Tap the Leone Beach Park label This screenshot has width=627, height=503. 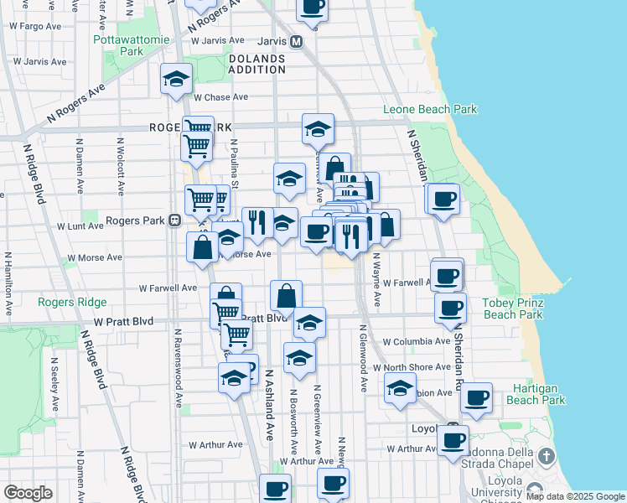point(430,109)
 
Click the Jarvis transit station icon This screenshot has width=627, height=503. point(296,40)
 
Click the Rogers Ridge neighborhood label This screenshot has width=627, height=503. point(72,302)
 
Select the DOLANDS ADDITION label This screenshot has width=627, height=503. point(256,65)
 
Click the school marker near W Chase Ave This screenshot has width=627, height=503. point(177,79)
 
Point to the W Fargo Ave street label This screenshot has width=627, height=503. point(36,26)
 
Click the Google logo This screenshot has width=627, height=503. point(28,493)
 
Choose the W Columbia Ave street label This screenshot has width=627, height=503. point(417,342)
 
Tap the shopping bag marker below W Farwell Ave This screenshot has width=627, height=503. point(286,295)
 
